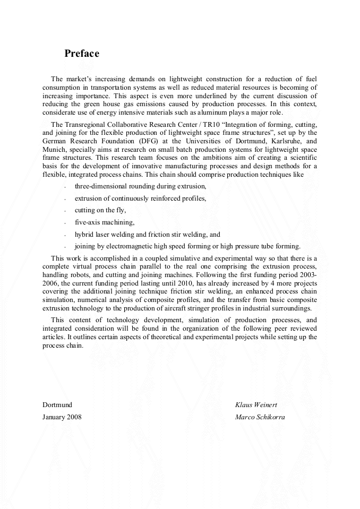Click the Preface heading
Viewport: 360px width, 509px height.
[x=82, y=54]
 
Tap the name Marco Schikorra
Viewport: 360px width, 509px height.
[x=260, y=417]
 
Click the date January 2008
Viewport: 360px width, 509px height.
[x=62, y=417]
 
